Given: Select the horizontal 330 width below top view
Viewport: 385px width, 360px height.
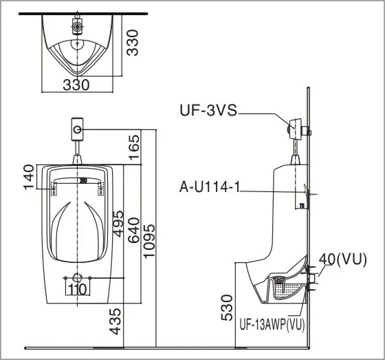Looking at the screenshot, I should coord(76,85).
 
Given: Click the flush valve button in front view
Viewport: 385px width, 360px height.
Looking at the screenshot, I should coord(78,128).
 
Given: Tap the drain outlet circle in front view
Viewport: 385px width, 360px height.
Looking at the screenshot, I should coord(78,279).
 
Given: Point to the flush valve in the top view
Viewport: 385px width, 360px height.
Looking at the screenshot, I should coord(78,26).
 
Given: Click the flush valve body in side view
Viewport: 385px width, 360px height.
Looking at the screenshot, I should coord(296,128).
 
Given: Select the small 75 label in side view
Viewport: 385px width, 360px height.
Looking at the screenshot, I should coord(301,205).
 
